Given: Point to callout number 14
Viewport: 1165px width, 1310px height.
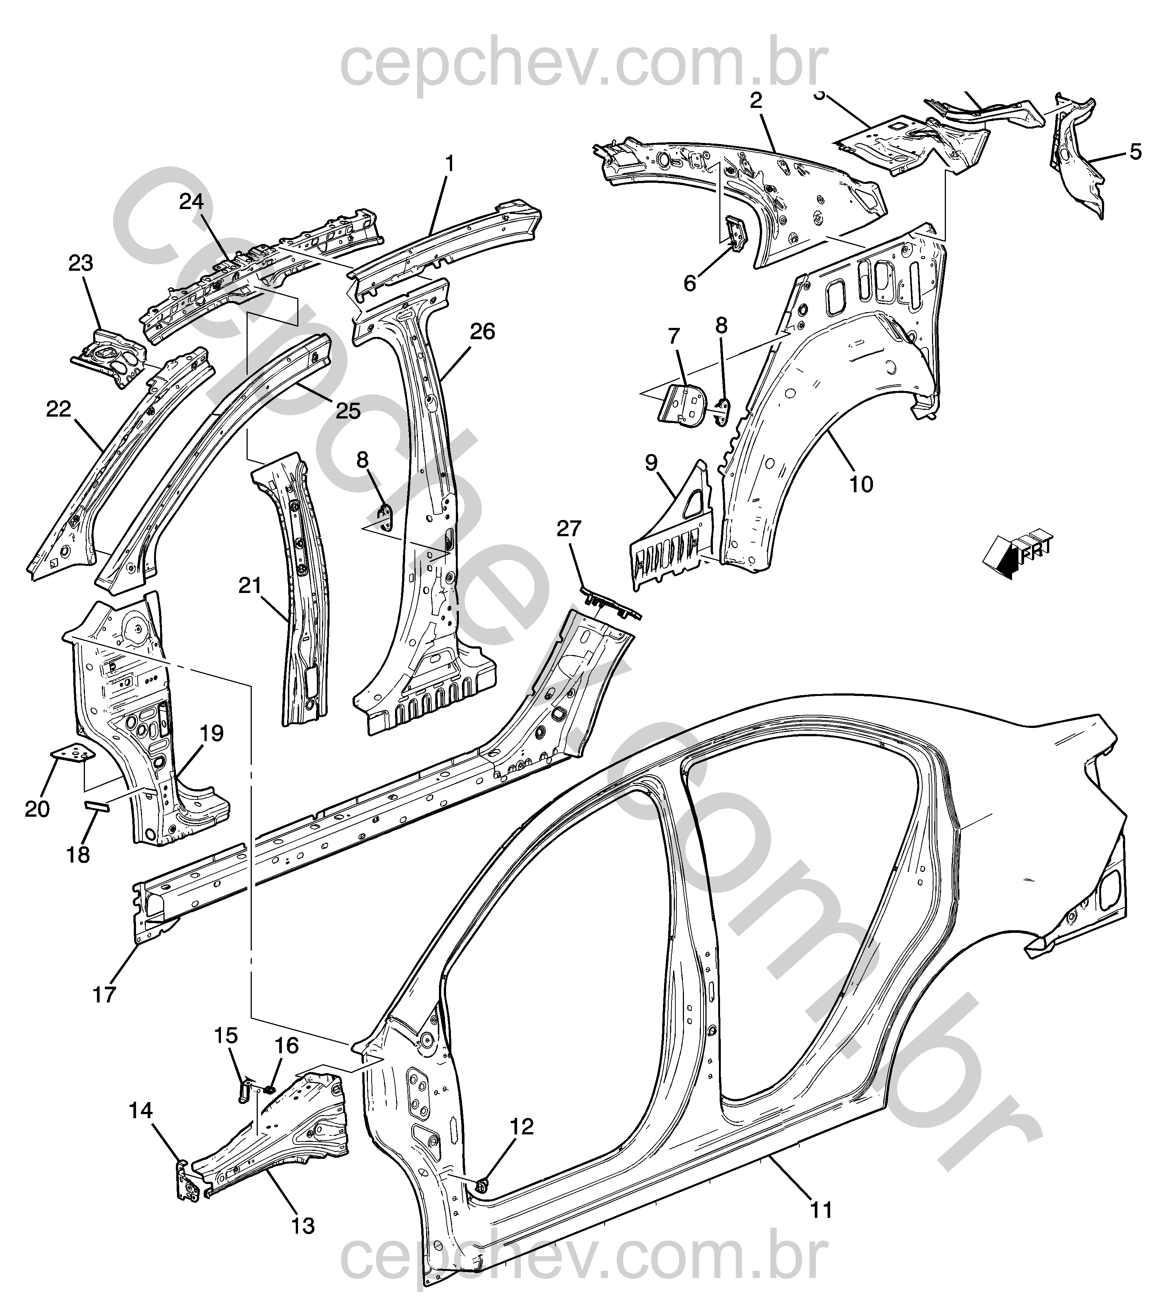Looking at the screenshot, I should click(141, 1111).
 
